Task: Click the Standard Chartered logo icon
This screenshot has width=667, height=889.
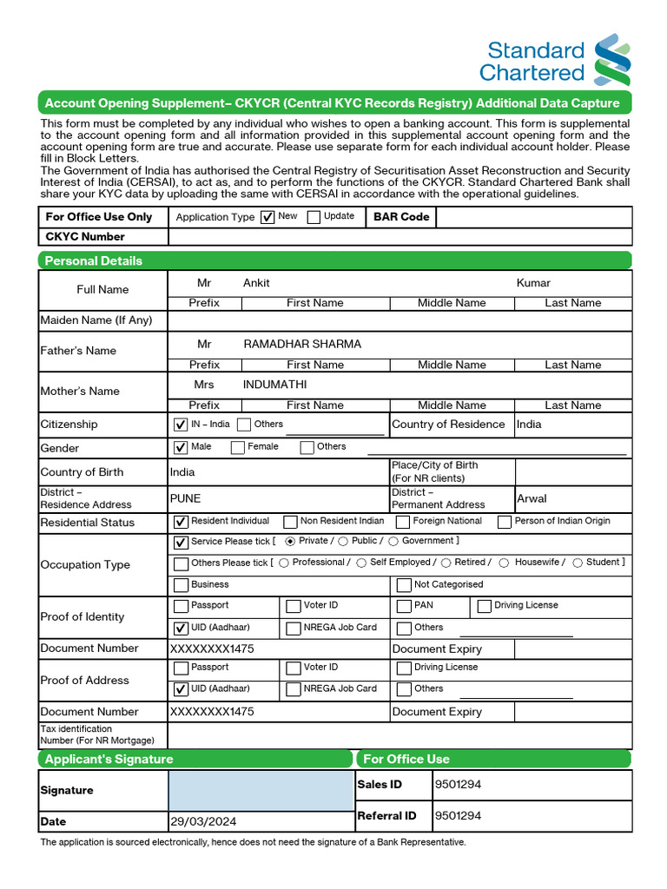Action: [612, 60]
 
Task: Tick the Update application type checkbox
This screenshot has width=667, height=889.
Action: [314, 217]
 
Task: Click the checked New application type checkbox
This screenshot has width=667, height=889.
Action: [267, 217]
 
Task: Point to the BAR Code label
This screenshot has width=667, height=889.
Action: [401, 217]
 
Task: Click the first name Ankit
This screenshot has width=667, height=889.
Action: [256, 283]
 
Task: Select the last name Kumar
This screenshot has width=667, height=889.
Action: [533, 283]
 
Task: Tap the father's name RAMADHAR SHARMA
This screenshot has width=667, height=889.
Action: [302, 344]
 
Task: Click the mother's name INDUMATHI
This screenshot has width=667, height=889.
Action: [274, 385]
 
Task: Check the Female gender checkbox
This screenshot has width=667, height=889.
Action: [238, 448]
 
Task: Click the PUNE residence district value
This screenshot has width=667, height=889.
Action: [185, 498]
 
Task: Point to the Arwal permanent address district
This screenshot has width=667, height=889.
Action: [532, 498]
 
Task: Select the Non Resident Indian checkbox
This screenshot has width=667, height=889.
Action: [290, 522]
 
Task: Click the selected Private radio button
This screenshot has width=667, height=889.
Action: [290, 541]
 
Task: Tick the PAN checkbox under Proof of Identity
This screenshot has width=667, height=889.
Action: [404, 606]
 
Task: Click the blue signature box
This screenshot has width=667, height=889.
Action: [261, 790]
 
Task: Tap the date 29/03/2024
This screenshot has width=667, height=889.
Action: [203, 821]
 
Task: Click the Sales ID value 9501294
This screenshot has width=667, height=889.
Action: [458, 785]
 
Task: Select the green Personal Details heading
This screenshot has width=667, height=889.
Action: [94, 260]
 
